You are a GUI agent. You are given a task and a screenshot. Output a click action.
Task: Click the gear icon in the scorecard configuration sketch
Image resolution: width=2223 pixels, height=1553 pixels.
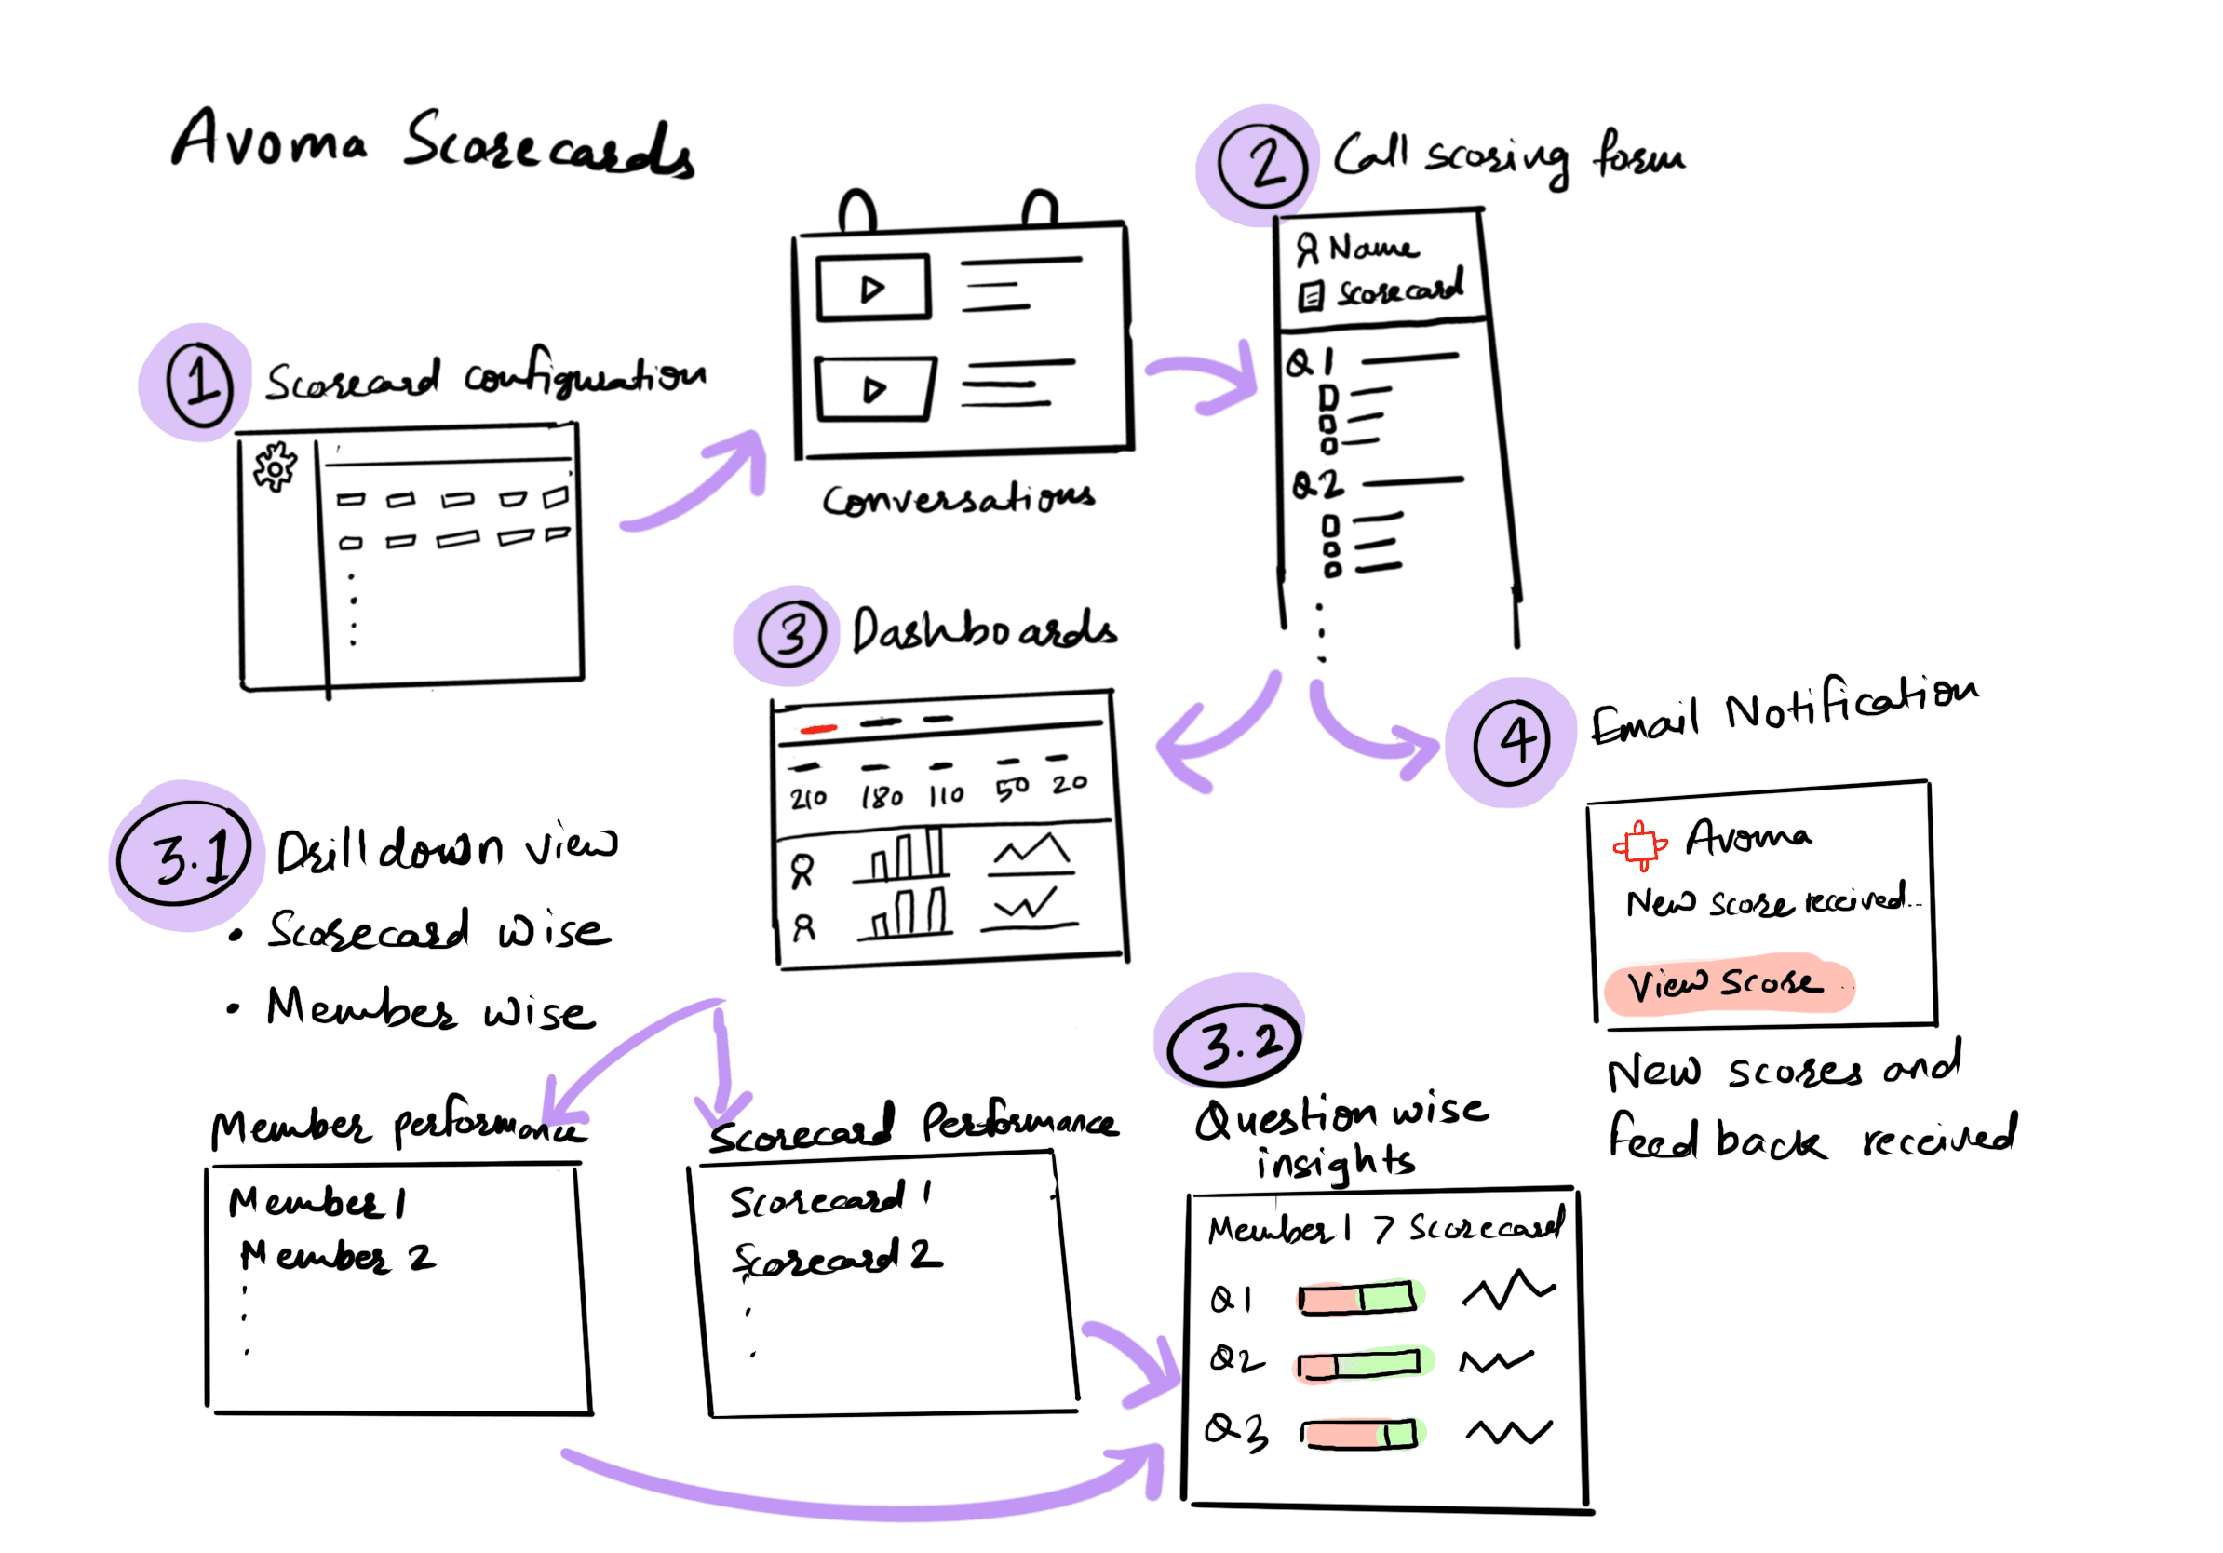point(275,468)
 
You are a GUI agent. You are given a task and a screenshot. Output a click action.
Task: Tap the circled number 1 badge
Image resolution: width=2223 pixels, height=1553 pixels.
point(199,384)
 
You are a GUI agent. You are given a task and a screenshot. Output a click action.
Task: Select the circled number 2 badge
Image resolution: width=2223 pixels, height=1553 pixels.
point(1262,165)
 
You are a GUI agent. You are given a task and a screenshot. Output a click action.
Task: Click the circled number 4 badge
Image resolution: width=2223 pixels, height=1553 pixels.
point(1512,743)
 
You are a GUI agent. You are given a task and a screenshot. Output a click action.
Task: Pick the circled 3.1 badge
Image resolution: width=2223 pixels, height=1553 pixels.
point(184,854)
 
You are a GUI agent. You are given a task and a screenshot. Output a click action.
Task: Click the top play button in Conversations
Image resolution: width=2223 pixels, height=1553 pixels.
point(872,288)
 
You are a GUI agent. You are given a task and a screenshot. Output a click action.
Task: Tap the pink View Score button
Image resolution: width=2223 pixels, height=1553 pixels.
point(1727,985)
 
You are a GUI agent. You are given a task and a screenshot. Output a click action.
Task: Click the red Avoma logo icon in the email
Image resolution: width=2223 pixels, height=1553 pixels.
point(1639,844)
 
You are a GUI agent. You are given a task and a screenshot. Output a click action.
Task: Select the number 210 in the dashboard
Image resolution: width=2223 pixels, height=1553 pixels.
point(807,798)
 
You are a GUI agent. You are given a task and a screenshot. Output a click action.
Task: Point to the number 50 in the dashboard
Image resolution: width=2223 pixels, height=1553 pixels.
point(1012,790)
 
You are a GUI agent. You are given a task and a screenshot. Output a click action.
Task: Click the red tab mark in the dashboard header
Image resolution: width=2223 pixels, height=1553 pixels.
point(818,729)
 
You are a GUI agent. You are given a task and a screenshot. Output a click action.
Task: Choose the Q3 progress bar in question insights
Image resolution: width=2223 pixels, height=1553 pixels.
point(1358,1433)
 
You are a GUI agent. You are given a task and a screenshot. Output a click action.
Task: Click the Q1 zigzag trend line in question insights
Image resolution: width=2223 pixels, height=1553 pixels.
point(1507,1290)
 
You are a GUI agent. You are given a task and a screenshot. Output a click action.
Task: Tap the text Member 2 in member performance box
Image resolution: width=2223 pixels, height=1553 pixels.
point(337,1257)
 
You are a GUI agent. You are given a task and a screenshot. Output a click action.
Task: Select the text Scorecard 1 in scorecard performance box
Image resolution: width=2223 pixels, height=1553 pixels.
point(829,1200)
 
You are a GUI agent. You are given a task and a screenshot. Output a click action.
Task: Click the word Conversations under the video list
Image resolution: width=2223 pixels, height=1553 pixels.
point(958,499)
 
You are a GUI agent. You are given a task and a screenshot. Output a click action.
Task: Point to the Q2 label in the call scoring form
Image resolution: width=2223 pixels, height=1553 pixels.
point(1316,484)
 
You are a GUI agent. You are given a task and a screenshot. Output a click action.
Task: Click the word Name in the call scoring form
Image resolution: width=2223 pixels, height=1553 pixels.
point(1372,248)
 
